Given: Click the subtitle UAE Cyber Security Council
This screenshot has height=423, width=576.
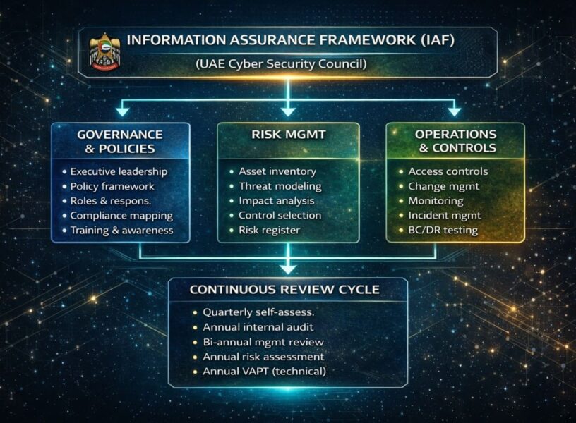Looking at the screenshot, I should (x=282, y=64).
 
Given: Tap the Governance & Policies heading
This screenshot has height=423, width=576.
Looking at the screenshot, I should (x=121, y=141).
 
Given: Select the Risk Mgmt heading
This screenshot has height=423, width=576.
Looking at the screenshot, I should (x=288, y=134).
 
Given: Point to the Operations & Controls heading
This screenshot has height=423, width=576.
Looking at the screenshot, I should (x=455, y=141).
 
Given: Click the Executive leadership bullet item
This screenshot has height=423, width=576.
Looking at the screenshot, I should (x=119, y=171).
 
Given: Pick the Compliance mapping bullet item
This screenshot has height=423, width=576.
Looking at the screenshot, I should (x=121, y=216).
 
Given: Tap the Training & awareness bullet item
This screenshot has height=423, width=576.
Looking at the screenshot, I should (x=121, y=231).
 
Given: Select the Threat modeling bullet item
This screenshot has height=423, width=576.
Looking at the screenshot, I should (x=280, y=186).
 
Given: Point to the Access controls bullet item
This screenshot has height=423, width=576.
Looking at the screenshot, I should (x=448, y=171).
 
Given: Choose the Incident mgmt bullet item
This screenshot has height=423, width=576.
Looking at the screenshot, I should (x=444, y=216).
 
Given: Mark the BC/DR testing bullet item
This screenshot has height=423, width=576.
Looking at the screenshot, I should (x=443, y=231).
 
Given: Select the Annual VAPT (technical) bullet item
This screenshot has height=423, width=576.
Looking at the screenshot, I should (x=264, y=371).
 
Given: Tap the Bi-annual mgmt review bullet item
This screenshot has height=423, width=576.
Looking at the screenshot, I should (x=262, y=341).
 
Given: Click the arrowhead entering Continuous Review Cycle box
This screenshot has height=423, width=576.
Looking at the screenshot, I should (x=288, y=268).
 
